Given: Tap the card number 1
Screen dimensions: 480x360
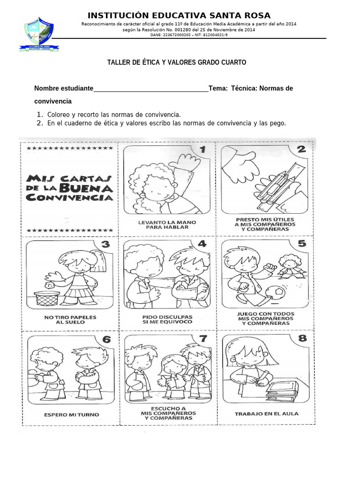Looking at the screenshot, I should coord(203,150).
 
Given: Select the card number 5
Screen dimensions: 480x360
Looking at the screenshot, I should coord(301,243).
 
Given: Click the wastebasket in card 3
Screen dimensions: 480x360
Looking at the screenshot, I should coord(47,300).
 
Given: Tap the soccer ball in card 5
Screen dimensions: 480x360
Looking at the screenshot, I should coord(275,293).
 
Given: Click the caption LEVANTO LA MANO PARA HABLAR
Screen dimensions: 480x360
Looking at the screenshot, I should coord(167,224).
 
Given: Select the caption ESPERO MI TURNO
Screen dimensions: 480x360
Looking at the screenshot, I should coord(72,415).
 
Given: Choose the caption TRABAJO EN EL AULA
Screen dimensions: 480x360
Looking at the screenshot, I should coord(267,414).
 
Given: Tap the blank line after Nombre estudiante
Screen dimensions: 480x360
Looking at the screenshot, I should coord(151,89).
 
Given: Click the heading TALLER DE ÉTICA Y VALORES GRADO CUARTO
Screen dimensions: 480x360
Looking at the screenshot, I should coord(177,62).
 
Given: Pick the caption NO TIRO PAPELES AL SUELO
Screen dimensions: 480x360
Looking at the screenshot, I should coord(70,320).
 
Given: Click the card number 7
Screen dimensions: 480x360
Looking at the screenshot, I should coord(203,338).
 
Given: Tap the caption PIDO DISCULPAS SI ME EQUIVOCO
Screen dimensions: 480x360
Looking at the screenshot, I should coord(167,320).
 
